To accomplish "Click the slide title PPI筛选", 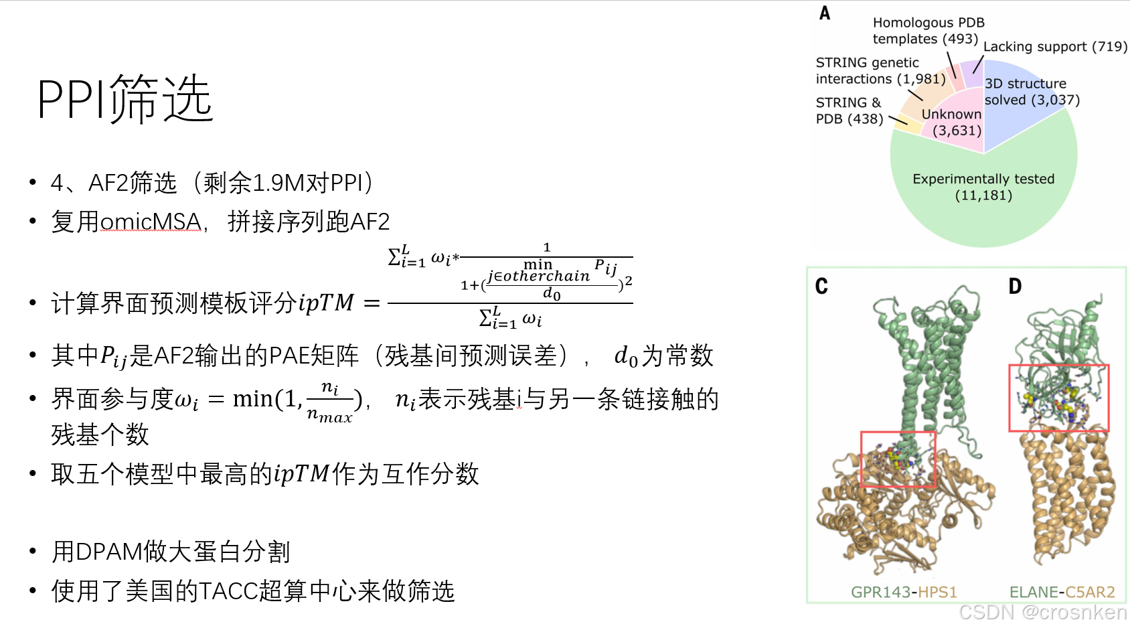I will pyautogui.click(x=125, y=99).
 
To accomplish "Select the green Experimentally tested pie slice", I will pyautogui.click(x=983, y=201).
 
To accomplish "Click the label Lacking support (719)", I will pyautogui.click(x=1055, y=46).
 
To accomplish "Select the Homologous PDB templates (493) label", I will pyautogui.click(x=928, y=31).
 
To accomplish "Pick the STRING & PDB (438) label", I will pyautogui.click(x=849, y=110).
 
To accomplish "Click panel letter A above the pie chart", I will pyautogui.click(x=825, y=13).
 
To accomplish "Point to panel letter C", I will pyautogui.click(x=821, y=287).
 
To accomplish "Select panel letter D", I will pyautogui.click(x=1015, y=287).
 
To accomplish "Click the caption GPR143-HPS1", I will pyautogui.click(x=904, y=592).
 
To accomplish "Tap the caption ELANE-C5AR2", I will pyautogui.click(x=1062, y=592).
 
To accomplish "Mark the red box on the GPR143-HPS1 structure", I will pyautogui.click(x=898, y=459).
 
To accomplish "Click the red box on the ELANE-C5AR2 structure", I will pyautogui.click(x=1058, y=398).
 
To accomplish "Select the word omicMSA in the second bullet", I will pyautogui.click(x=151, y=222).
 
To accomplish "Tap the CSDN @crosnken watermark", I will pyautogui.click(x=1042, y=612).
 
